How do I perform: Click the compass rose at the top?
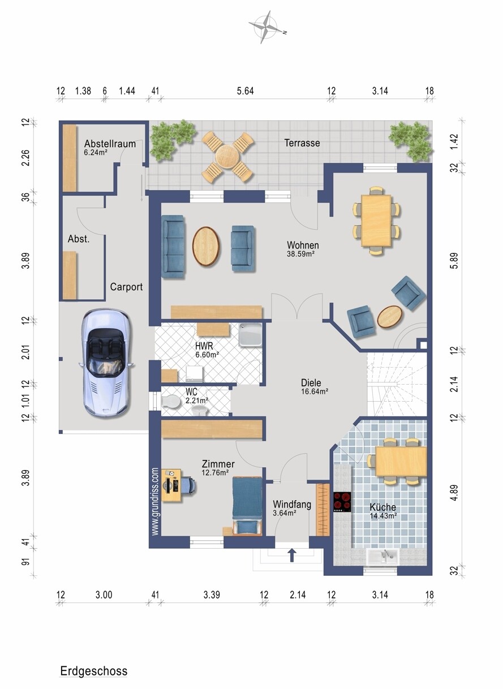[x=266, y=27]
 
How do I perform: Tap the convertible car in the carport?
[x=106, y=363]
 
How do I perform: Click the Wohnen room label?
[x=303, y=245]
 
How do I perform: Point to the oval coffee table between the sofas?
[x=206, y=247]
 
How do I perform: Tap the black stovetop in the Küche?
[x=342, y=502]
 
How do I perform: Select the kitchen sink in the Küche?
[x=383, y=557]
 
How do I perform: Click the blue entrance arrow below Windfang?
[x=292, y=554]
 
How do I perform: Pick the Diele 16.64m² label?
[x=314, y=386]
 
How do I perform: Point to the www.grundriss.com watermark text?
[x=155, y=502]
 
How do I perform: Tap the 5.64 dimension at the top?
[x=245, y=91]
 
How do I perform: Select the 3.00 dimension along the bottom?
[x=104, y=595]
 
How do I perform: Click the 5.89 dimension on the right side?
[x=455, y=261]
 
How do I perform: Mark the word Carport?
[x=126, y=287]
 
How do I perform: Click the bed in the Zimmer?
[x=247, y=501]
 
